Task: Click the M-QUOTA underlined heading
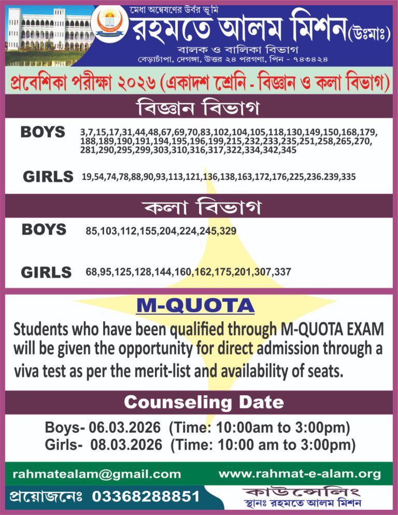tap(195, 306)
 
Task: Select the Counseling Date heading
tap(204, 402)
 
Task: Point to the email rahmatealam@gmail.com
tap(97, 474)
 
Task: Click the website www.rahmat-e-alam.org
tap(300, 474)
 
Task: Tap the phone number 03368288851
tap(146, 496)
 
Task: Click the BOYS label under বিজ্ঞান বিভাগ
tap(43, 132)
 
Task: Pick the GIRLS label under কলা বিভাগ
tap(46, 272)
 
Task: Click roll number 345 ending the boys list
tap(287, 150)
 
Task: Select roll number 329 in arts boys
tap(228, 231)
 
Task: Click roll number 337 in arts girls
tap(282, 272)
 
